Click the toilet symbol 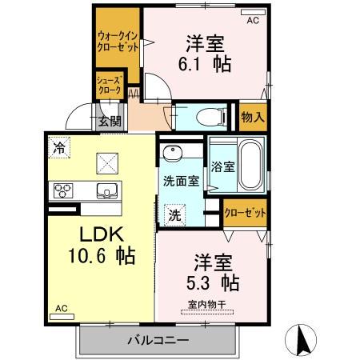point(211,117)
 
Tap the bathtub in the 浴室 point(250,166)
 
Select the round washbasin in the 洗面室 point(173,153)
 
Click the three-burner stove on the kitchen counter point(63,190)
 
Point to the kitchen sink point(107,190)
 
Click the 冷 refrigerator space point(59,147)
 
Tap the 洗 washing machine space point(175,215)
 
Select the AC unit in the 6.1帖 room point(253,12)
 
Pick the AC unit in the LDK point(62,317)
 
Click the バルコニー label point(158,340)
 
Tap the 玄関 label point(110,122)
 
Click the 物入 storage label point(253,117)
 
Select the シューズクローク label point(110,85)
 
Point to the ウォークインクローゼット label point(118,42)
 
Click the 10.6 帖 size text point(102,256)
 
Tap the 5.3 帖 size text point(213,283)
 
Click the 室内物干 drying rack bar point(207,312)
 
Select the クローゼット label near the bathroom point(245,213)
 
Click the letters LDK point(102,234)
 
